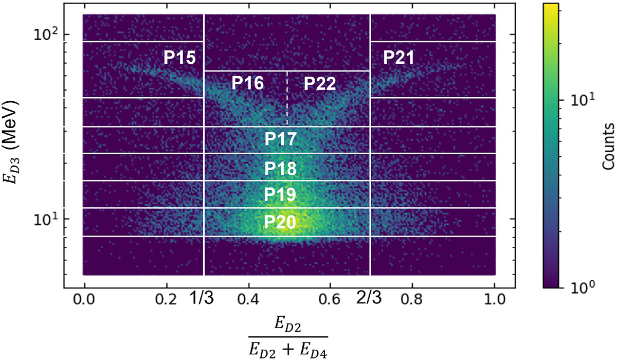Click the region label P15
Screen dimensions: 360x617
click(x=179, y=58)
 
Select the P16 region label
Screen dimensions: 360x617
click(x=247, y=84)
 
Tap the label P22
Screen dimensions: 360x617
click(x=319, y=84)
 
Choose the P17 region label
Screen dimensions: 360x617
click(x=280, y=139)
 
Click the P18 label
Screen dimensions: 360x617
click(x=280, y=168)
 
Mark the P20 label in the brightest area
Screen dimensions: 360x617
click(x=280, y=222)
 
